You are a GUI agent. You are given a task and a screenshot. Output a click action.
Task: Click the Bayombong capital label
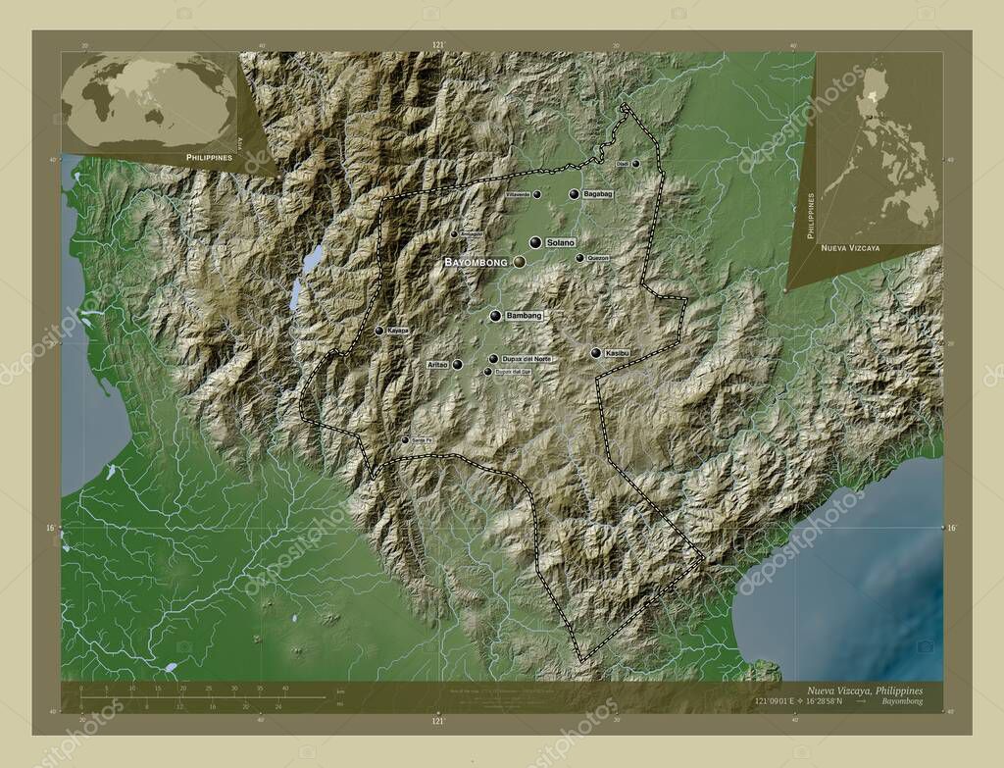click(476, 263)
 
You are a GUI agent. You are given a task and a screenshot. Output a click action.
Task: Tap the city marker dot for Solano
click(535, 242)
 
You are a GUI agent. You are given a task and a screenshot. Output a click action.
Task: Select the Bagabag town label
click(598, 195)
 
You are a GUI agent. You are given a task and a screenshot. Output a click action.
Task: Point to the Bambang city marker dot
click(496, 316)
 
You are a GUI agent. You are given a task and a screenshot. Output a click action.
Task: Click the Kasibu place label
click(617, 352)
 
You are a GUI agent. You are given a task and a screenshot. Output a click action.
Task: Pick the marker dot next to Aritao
click(457, 364)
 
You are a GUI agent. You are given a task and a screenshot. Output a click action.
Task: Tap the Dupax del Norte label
click(527, 359)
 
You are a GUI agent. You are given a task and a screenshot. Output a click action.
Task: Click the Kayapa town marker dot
click(379, 331)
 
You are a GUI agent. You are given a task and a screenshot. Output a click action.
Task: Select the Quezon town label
click(598, 258)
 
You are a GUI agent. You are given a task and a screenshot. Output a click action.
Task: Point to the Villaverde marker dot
click(537, 195)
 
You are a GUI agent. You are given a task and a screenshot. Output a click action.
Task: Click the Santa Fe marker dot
click(405, 440)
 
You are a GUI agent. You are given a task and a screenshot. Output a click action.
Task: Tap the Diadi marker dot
click(635, 164)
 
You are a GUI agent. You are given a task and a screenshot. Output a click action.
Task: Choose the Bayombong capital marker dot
click(518, 262)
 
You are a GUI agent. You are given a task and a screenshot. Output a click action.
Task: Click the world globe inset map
click(149, 101)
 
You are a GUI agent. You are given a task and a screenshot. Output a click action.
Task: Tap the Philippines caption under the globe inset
click(208, 157)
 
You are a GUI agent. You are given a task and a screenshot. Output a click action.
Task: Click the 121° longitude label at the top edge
click(438, 45)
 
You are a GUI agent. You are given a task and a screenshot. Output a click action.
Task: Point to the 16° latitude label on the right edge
click(950, 529)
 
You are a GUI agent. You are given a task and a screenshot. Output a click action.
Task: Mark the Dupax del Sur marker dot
click(487, 372)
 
